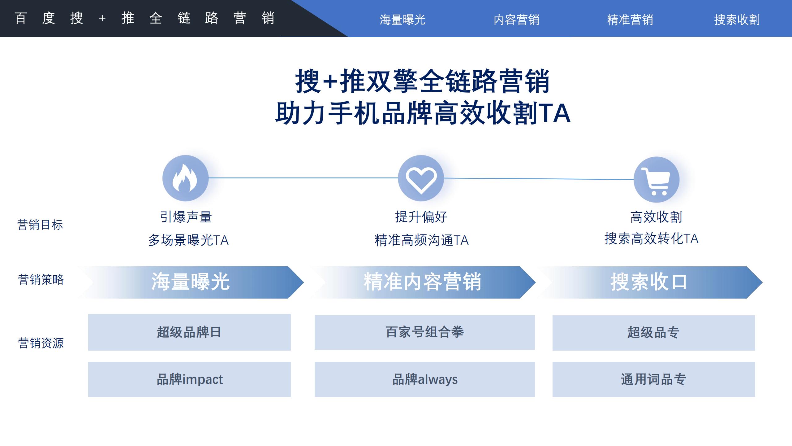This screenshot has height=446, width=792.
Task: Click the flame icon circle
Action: click(x=185, y=178)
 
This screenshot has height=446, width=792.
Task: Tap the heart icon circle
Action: click(x=421, y=178)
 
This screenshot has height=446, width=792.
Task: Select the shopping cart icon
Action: click(x=656, y=180)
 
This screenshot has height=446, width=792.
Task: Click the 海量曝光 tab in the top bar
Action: click(x=402, y=20)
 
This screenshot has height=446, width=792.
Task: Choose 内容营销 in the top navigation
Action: click(x=516, y=20)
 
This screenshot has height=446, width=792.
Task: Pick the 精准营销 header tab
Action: click(x=630, y=20)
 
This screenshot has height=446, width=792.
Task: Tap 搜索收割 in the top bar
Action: click(x=737, y=20)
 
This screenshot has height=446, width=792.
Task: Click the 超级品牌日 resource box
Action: click(x=189, y=332)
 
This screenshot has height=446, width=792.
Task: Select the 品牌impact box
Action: click(x=189, y=379)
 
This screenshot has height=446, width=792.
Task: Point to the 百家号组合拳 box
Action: click(x=424, y=332)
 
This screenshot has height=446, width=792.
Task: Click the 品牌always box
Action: click(x=424, y=379)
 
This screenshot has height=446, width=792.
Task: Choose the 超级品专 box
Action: click(x=653, y=333)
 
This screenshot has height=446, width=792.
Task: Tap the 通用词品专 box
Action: click(x=653, y=379)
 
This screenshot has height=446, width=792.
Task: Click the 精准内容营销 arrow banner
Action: click(x=423, y=282)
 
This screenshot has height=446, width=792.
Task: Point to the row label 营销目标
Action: click(x=40, y=225)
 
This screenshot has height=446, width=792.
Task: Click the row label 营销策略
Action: click(x=41, y=280)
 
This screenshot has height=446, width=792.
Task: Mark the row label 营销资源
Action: click(x=41, y=343)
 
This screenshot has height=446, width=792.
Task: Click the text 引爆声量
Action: click(x=186, y=217)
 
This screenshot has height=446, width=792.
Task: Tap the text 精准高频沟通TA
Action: click(x=421, y=240)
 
